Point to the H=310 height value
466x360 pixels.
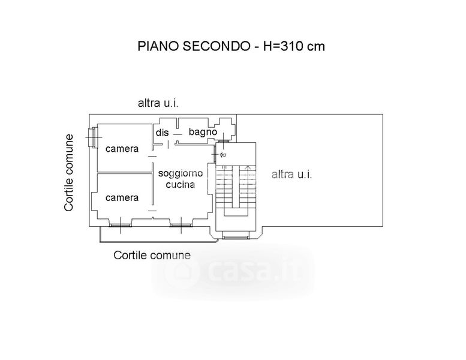[285, 46]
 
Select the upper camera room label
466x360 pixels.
[122, 148]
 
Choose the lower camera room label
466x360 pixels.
[122, 197]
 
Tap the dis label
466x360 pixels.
[162, 132]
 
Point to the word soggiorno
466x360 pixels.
[181, 173]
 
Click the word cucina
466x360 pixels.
[181, 184]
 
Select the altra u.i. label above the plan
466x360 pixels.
[159, 103]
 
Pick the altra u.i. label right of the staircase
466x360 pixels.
[292, 175]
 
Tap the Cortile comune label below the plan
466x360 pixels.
[152, 255]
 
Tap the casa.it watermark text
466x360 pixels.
[234, 273]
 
